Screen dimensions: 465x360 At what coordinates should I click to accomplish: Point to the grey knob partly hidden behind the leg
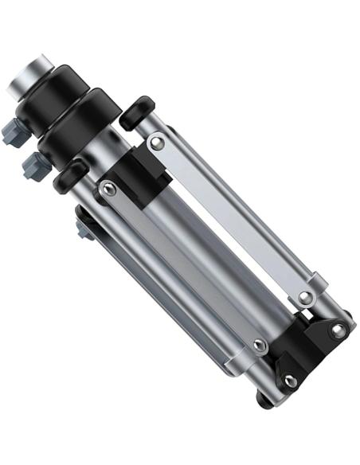[x=84, y=229]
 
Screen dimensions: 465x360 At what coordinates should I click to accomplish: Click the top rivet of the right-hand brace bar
[x=158, y=143]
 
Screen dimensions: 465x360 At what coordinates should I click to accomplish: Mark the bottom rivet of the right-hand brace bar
[x=305, y=299]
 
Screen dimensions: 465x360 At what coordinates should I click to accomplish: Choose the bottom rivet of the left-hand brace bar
[x=258, y=346]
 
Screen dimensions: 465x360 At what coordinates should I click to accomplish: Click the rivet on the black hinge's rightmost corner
[x=338, y=329]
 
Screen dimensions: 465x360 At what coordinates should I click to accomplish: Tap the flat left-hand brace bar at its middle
[x=183, y=268]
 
